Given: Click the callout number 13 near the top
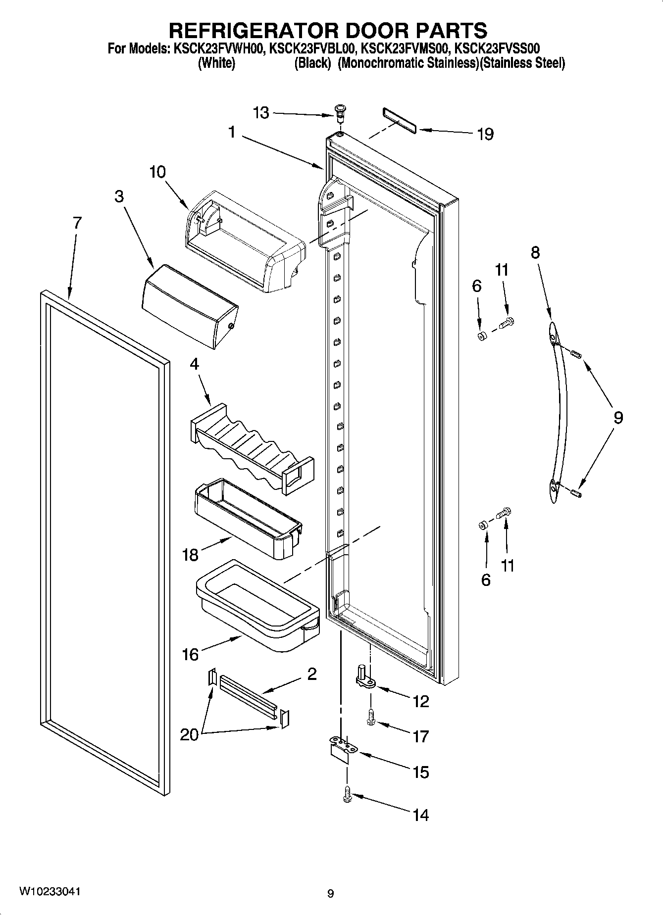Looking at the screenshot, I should [x=261, y=113].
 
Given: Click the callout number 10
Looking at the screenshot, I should [x=157, y=172].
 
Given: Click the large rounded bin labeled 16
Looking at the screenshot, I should [x=257, y=606].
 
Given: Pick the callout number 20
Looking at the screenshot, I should [x=189, y=734].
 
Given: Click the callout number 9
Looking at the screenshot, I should [x=618, y=417].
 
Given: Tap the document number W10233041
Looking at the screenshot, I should [x=50, y=891].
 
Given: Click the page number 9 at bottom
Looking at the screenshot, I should [x=330, y=893].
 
